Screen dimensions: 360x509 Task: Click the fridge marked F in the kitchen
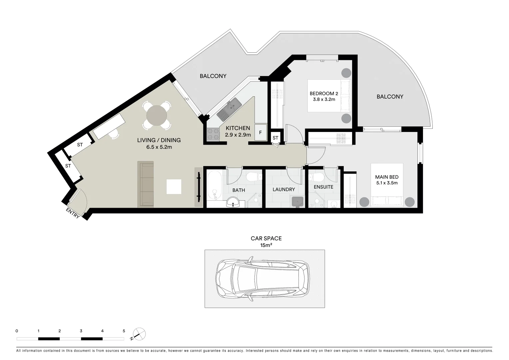260,132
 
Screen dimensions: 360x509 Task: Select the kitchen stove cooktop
214,134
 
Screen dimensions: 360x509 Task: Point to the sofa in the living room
146,184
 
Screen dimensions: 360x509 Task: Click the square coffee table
174,187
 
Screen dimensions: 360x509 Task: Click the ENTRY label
73,213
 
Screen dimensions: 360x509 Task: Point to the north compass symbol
139,334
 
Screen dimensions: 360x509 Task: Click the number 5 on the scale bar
124,331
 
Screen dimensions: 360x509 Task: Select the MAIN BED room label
387,177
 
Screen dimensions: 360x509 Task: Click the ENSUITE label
323,187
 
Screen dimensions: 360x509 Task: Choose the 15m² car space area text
266,245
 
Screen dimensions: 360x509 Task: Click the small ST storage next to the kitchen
275,138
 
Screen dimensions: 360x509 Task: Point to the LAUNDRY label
284,189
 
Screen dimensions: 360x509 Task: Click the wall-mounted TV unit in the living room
199,187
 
